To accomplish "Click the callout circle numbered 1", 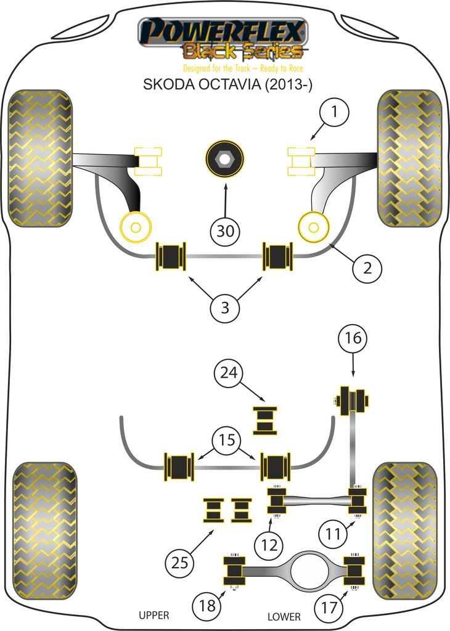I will pos(333,112).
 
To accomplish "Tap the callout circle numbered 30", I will pos(226,232).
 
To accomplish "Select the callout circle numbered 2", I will pos(367,267).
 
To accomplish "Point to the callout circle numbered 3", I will pos(225,307).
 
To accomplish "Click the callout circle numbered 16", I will pos(353,338).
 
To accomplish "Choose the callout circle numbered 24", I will pos(229,373).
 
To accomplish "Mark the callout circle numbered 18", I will pos(207,606).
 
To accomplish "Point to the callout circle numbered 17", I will pos(329,608).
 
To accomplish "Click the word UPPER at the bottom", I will pos(153,615).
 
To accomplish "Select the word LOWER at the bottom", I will pos(284,616).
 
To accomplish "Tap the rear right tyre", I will pos(404,532).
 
